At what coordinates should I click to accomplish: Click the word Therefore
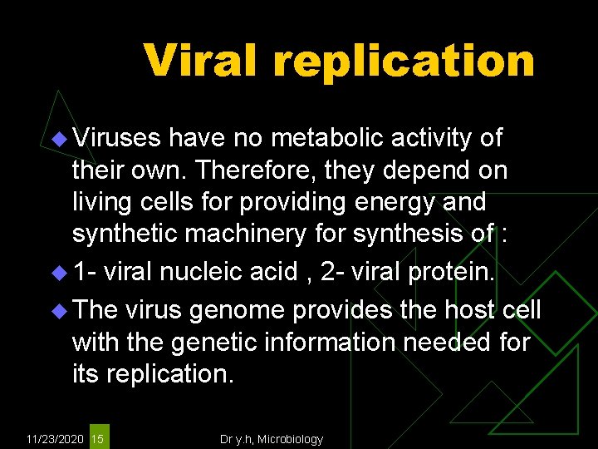(258, 170)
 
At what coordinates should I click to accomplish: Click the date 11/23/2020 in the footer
(55, 438)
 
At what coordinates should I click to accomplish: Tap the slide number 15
(98, 438)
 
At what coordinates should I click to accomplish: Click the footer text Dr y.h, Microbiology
(271, 438)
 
